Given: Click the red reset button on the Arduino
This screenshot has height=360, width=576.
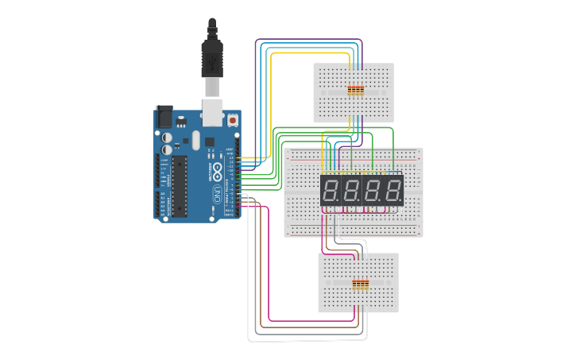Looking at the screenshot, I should pyautogui.click(x=234, y=121).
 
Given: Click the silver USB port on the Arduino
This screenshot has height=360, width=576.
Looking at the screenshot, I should pyautogui.click(x=213, y=112).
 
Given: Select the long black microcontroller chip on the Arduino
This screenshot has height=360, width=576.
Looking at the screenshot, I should pyautogui.click(x=180, y=185).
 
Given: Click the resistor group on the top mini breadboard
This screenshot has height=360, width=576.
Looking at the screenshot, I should pyautogui.click(x=355, y=91).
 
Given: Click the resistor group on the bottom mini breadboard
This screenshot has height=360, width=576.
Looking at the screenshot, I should pyautogui.click(x=361, y=285).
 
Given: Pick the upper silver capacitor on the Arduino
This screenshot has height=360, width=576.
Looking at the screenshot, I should pyautogui.click(x=167, y=137).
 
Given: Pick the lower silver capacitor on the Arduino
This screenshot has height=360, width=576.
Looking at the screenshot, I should pyautogui.click(x=167, y=149).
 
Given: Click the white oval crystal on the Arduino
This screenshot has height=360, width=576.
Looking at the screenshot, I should pyautogui.click(x=195, y=141).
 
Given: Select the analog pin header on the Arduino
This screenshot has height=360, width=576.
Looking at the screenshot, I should pyautogui.click(x=162, y=204).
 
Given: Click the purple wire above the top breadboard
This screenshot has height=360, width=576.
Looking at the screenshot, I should pyautogui.click(x=310, y=39).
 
